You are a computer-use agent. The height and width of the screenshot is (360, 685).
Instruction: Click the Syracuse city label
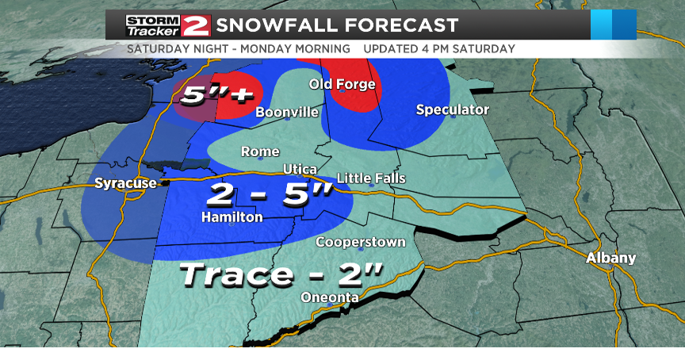pyautogui.click(x=125, y=184)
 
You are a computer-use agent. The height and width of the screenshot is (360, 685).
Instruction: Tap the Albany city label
pyautogui.click(x=610, y=259)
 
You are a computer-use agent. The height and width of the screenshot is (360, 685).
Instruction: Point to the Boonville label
pyautogui.click(x=287, y=113)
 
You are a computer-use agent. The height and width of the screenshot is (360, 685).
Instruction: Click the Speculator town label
pyautogui.click(x=453, y=109)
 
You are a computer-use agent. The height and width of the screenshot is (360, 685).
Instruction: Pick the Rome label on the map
pyautogui.click(x=260, y=151)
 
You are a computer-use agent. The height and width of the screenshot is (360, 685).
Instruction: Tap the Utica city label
pyautogui.click(x=300, y=170)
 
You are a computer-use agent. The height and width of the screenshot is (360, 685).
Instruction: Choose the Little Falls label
pyautogui.click(x=371, y=178)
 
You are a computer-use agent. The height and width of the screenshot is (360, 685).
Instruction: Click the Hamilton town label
pyautogui.click(x=232, y=216)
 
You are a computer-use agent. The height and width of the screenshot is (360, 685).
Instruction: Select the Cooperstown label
pyautogui.click(x=361, y=242)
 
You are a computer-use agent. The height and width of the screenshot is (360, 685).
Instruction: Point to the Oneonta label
pyautogui.click(x=330, y=297)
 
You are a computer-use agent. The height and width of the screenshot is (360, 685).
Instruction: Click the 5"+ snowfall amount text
pyautogui.click(x=216, y=95)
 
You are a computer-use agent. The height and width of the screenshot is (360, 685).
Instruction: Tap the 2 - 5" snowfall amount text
pyautogui.click(x=269, y=194)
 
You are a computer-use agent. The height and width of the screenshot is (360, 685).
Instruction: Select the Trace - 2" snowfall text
pyautogui.click(x=281, y=275)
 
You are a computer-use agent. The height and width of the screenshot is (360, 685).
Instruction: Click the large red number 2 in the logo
pyautogui.click(x=195, y=25)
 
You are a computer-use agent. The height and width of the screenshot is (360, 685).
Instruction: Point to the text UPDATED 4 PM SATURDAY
pyautogui.click(x=439, y=49)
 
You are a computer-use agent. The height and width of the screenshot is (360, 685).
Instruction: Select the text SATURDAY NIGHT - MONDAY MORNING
pyautogui.click(x=238, y=49)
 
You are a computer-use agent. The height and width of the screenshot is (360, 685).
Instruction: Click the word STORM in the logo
pyautogui.click(x=153, y=20)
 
